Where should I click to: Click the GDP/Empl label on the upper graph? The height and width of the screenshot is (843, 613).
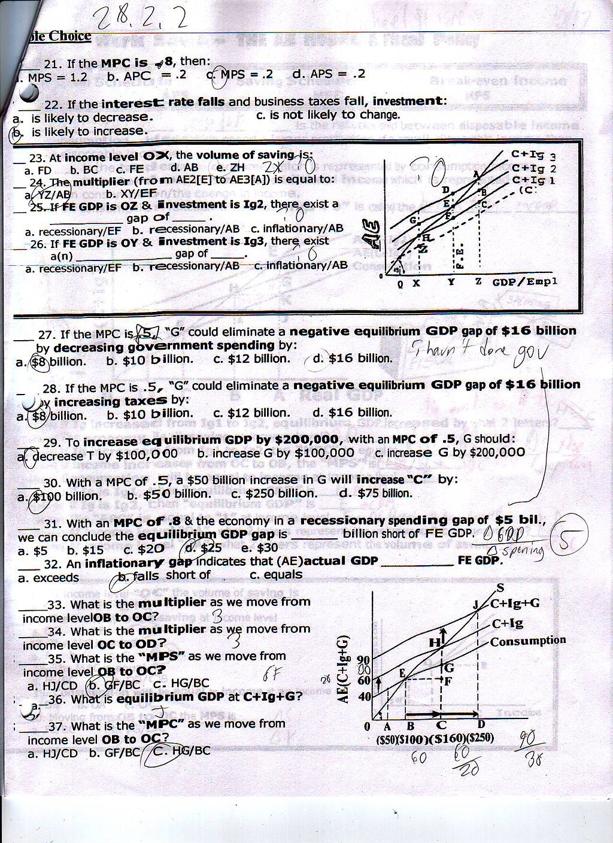click(x=525, y=281)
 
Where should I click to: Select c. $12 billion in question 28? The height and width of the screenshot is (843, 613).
click(x=251, y=413)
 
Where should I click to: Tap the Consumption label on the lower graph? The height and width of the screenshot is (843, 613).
click(x=527, y=641)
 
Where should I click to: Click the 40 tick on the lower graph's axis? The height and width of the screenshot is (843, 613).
click(x=365, y=697)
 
